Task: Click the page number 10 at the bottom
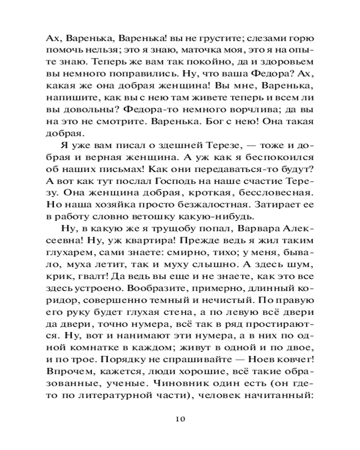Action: point(180,419)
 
